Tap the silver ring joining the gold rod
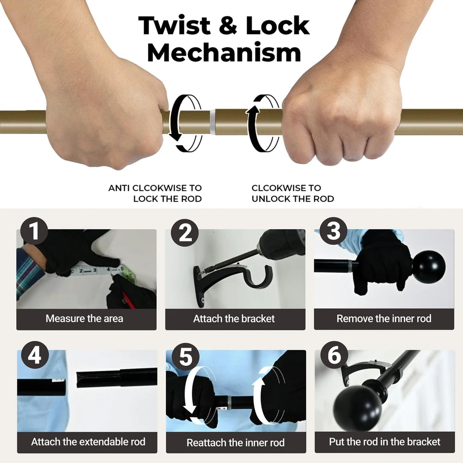click(213, 121)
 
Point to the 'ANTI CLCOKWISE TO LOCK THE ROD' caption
click(155, 193)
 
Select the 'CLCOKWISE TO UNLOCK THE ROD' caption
click(293, 193)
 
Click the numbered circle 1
click(34, 231)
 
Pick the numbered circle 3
click(334, 231)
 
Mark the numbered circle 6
click(334, 355)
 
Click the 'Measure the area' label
click(84, 318)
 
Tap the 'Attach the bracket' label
click(234, 318)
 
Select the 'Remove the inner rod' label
click(384, 318)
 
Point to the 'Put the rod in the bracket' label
click(384, 441)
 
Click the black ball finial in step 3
click(429, 267)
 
